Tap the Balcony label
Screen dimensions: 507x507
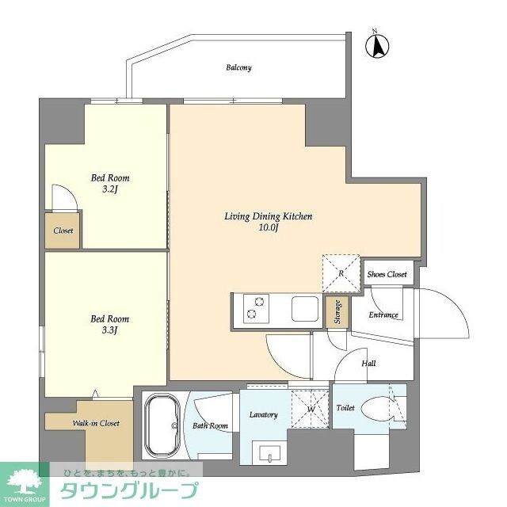(x=238, y=67)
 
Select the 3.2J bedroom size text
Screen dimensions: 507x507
(x=109, y=190)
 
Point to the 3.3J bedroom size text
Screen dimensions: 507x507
(x=109, y=330)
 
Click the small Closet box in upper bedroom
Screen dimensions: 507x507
(x=63, y=231)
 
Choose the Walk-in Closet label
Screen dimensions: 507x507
(x=96, y=423)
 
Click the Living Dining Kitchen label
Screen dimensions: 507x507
(x=257, y=216)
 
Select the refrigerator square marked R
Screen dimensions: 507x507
(x=341, y=273)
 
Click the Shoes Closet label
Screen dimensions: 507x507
(x=387, y=274)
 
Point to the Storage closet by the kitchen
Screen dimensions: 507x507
(x=337, y=313)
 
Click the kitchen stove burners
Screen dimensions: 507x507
(x=256, y=308)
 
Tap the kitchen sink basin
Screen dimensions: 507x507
(x=304, y=308)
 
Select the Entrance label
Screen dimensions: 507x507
(x=383, y=314)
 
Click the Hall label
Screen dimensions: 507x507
(x=368, y=364)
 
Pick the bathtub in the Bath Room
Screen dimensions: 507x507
(x=163, y=426)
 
